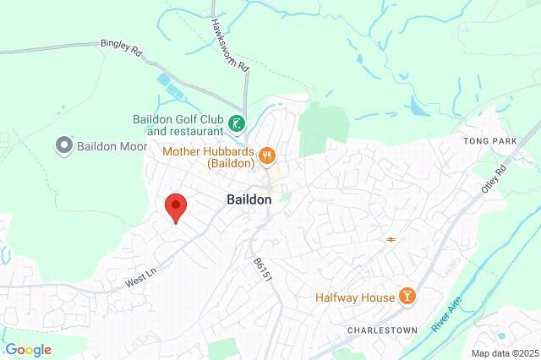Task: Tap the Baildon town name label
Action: pyautogui.click(x=249, y=199)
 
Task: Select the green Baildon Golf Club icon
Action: pyautogui.click(x=238, y=125)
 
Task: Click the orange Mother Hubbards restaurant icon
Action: pyautogui.click(x=268, y=154)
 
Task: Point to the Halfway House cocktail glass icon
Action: pyautogui.click(x=407, y=297)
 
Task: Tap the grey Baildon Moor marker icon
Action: pyautogui.click(x=63, y=145)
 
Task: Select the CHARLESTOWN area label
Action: pyautogui.click(x=377, y=328)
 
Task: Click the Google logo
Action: pyautogui.click(x=28, y=349)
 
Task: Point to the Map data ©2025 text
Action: pyautogui.click(x=504, y=352)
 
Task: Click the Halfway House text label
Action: pyautogui.click(x=355, y=297)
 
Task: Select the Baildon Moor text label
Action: pyautogui.click(x=112, y=145)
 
